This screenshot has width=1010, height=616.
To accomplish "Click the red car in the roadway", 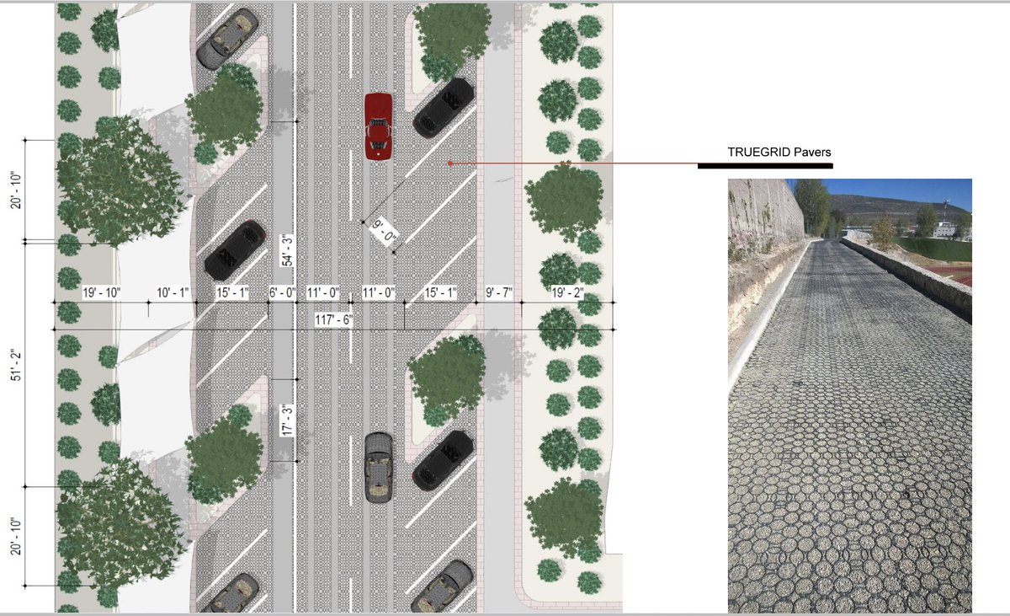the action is [378, 126].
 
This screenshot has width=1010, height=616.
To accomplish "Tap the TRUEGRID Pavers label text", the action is [779, 153].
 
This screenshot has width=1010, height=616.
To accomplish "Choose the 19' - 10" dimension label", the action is [102, 293].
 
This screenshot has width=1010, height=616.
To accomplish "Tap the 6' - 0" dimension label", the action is [283, 293].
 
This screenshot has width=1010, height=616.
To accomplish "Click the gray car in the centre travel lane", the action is [379, 468].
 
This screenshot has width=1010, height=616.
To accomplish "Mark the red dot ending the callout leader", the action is [450, 163].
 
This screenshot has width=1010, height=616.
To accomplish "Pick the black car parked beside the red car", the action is [443, 107].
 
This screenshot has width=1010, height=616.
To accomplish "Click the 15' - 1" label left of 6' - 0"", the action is [231, 293].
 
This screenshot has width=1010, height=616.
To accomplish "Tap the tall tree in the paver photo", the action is [811, 206].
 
